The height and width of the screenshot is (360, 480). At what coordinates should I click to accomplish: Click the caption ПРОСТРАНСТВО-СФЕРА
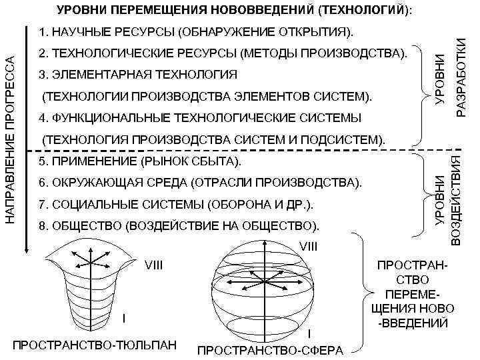tap(271, 350)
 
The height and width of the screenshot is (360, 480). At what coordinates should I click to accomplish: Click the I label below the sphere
tap(309, 333)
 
